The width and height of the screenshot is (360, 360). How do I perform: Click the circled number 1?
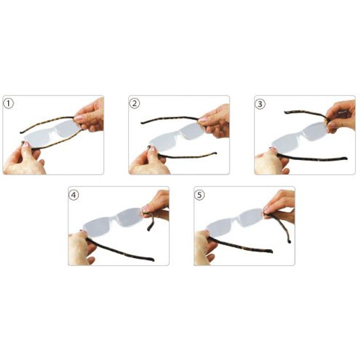pos(9,104)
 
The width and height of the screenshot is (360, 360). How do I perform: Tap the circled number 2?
pos(134,103)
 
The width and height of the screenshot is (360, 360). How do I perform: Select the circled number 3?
pos(260,104)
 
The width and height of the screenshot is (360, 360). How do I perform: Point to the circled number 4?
pos(74,195)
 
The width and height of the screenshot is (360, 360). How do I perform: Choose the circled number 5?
pos(199,195)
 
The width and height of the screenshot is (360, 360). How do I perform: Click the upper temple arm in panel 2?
pos(170,119)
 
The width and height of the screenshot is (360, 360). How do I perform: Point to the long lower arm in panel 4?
pos(119,250)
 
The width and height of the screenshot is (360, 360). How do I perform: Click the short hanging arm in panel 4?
pos(150,221)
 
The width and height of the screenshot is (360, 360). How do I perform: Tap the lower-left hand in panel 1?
pos(23,160)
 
